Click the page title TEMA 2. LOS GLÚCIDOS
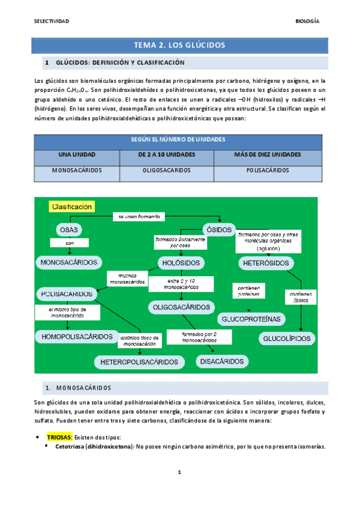179,45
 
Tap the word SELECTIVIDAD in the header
52,21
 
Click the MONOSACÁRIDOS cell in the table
77,170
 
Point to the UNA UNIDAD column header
77,155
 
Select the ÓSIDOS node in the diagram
215,230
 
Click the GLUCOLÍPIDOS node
287,339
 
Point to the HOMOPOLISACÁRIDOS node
77,336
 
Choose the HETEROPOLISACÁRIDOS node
139,362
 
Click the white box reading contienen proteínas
248,291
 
